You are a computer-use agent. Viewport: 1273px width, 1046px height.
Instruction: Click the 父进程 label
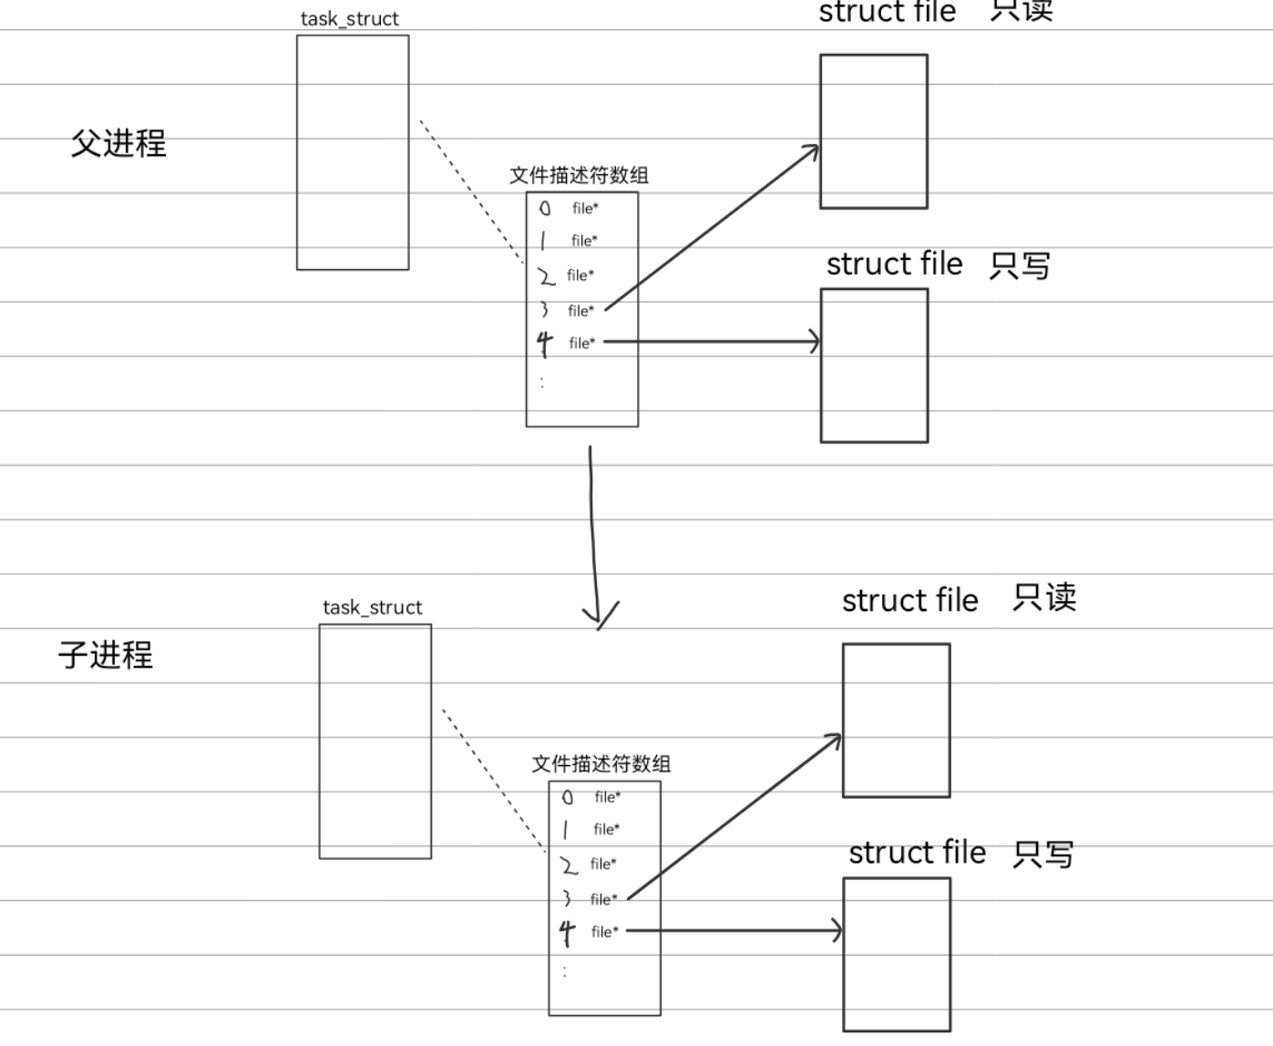pos(118,143)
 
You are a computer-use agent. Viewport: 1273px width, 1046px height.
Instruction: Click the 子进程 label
pos(106,655)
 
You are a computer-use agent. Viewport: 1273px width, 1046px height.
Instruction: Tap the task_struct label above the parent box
pos(350,18)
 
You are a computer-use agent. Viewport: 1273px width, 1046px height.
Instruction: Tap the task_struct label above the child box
pos(372,607)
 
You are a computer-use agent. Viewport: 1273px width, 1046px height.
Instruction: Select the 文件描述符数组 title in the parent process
pos(579,175)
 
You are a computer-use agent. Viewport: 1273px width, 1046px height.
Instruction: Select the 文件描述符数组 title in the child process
pos(601,763)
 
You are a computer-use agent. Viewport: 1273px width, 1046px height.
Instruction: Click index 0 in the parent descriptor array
pos(545,208)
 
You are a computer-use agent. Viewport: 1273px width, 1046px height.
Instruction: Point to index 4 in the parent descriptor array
pos(545,343)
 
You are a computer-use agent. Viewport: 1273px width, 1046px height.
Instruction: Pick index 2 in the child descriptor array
pos(569,865)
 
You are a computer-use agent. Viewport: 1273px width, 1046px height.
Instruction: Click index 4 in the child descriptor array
pos(568,932)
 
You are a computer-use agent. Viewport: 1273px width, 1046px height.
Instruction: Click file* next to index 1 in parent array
pos(584,241)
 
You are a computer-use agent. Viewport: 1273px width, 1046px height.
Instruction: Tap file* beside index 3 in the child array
pos(603,899)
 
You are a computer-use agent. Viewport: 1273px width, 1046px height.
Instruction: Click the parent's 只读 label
pos(1021,11)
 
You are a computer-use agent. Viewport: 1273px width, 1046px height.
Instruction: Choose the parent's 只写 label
pos(1020,265)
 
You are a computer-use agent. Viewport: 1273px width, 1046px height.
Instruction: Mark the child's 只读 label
pos(1044,598)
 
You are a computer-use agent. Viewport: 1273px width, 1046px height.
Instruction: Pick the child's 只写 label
pos(1043,854)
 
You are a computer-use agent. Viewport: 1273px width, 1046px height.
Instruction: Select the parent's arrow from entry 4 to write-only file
pos(711,342)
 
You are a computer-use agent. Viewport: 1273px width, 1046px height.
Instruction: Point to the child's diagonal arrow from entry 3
pos(734,816)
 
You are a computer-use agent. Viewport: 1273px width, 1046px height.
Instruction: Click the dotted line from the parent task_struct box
pos(471,192)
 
